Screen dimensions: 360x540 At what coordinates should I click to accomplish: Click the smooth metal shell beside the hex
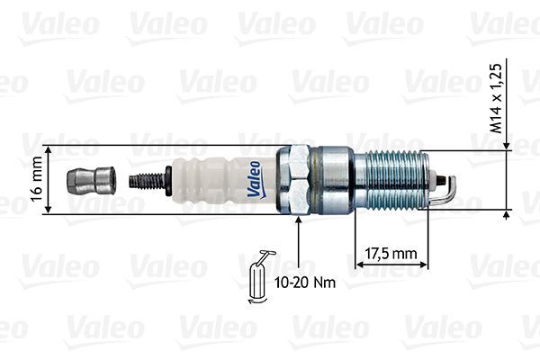pos(333,180)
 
